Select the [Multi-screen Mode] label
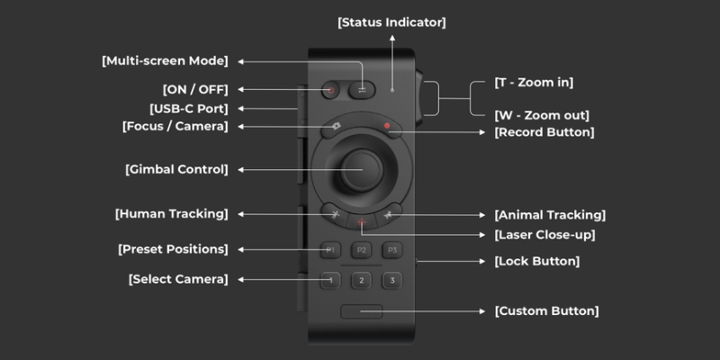tap(165, 61)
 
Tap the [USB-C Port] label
tap(187, 108)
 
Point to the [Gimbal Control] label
tap(176, 168)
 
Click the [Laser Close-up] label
tap(544, 234)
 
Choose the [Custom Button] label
tap(546, 310)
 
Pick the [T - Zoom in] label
tap(534, 83)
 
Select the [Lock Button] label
tap(537, 261)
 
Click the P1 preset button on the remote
tap(329, 249)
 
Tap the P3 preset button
tap(391, 249)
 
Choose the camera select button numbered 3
tap(391, 281)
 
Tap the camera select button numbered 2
tap(360, 281)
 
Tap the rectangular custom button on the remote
tap(361, 311)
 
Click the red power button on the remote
tap(330, 89)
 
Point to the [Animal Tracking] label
tap(550, 214)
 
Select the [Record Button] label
tap(544, 131)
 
